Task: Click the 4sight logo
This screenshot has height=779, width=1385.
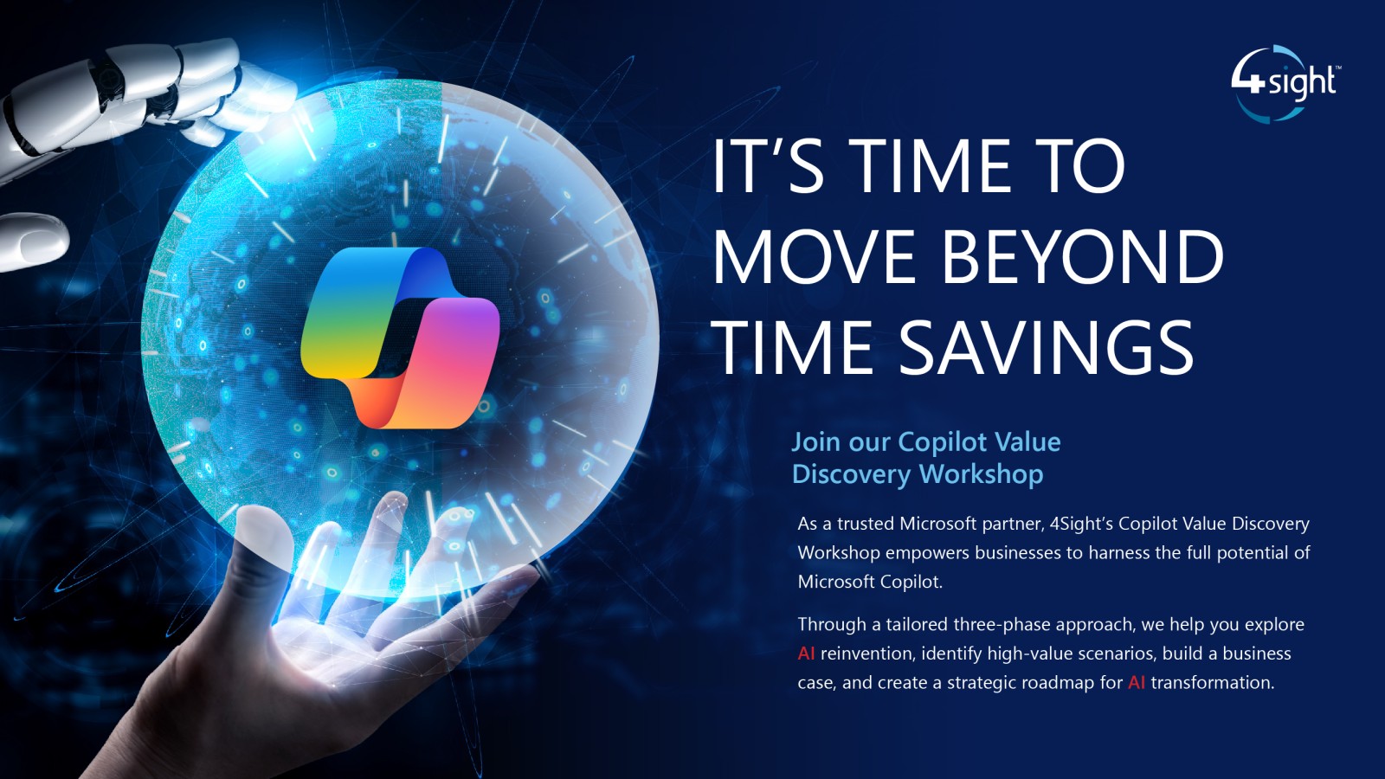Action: tap(1284, 83)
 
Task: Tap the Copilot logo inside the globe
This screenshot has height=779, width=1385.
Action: tap(400, 338)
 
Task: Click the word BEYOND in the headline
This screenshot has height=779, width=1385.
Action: tap(1083, 256)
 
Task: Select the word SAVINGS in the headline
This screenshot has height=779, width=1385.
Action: tap(1046, 347)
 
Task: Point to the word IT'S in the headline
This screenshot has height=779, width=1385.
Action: tap(769, 166)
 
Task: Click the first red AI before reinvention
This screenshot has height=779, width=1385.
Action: tap(806, 653)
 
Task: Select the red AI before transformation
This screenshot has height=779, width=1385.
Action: tap(1137, 683)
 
